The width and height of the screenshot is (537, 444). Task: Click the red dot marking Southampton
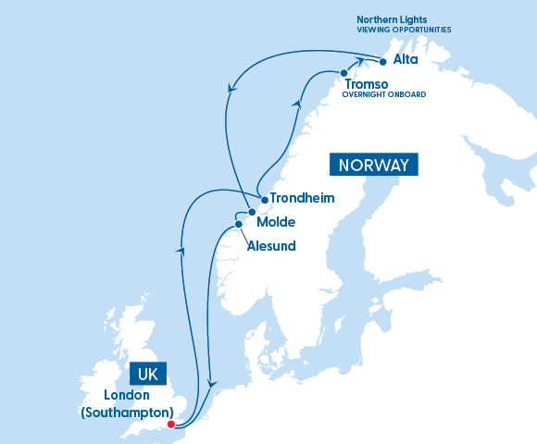tap(170, 425)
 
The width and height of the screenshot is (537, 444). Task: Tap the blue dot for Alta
tap(381, 61)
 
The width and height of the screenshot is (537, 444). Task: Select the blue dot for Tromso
tap(343, 73)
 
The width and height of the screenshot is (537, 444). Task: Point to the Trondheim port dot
tap(264, 199)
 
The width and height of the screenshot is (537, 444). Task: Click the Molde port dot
tap(252, 212)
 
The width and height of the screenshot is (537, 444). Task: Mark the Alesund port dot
tap(239, 224)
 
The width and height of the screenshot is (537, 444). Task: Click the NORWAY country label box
tap(374, 166)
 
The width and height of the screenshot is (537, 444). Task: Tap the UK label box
tap(146, 374)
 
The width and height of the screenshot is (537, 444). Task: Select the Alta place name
tap(406, 60)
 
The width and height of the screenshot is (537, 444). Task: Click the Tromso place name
tap(367, 84)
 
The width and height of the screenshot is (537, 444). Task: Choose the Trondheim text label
tap(302, 198)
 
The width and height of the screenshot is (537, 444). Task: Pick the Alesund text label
tap(271, 246)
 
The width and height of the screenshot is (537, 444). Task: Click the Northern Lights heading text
tap(393, 18)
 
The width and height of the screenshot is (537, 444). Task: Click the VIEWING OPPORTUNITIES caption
tap(404, 30)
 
